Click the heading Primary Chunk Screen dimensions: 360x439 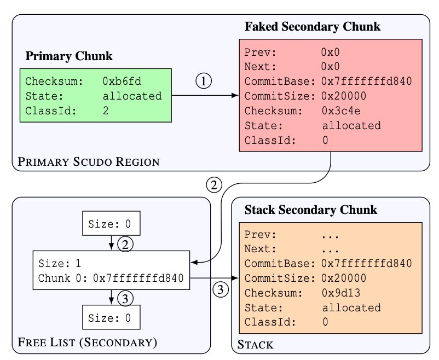tap(69, 56)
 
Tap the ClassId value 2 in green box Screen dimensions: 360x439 tap(106, 111)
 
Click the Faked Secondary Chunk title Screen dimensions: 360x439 tap(312, 26)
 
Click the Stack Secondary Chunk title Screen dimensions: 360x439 tap(310, 210)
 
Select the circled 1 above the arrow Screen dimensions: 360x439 tap(203, 82)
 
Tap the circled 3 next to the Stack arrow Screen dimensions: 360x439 tap(220, 289)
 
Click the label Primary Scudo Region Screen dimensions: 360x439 tap(89, 161)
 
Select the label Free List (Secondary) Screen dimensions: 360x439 tap(88, 343)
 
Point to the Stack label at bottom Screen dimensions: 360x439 tap(255, 345)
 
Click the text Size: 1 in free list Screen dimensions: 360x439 tap(59, 264)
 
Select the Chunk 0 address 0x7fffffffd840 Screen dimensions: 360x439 tap(138, 278)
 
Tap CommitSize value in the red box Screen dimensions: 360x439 tap(343, 96)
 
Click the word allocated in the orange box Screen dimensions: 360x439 tap(351, 307)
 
